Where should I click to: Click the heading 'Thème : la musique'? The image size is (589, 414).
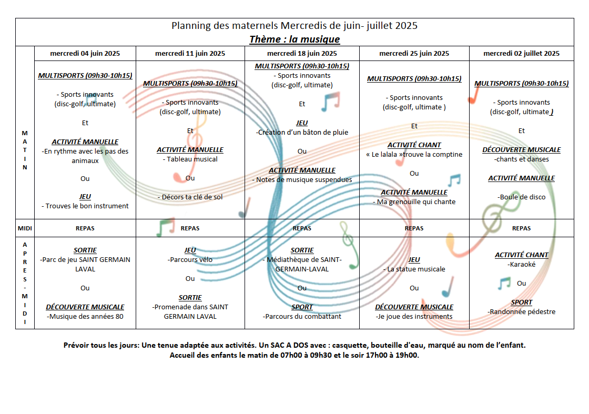294,39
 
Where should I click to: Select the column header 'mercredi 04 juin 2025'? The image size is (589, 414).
85,53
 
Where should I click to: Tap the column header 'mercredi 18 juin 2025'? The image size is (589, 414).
302,53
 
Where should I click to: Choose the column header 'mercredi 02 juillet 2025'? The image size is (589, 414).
521,53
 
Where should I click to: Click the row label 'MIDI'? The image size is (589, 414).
25,228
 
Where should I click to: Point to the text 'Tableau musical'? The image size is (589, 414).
192,159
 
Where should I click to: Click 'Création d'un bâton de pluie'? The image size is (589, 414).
303,132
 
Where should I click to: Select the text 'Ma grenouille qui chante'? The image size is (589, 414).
416,202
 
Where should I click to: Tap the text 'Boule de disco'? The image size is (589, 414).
523,197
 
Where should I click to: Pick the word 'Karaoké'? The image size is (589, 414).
523,265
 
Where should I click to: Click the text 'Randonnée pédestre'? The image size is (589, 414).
523,312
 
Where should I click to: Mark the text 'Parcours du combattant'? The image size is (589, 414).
303,316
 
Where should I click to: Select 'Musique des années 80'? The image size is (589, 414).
86,316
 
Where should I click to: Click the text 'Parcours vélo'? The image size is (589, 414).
191,259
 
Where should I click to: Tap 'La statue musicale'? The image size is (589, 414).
416,269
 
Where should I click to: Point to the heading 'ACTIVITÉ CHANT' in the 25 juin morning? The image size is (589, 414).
414,145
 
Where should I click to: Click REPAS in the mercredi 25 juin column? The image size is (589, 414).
414,228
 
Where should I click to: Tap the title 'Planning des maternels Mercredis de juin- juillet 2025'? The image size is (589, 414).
294,26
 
